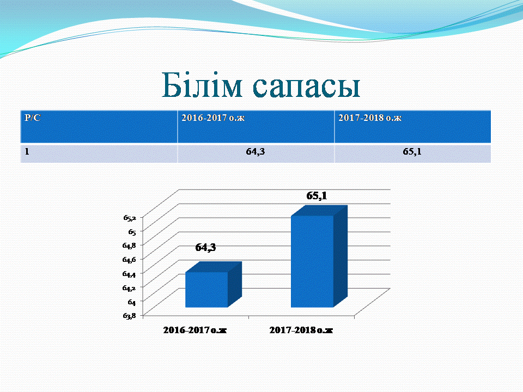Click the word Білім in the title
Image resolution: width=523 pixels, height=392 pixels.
tap(202, 85)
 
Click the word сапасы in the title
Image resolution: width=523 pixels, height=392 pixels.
tap(306, 87)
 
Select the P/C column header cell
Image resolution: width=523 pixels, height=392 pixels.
tap(99, 127)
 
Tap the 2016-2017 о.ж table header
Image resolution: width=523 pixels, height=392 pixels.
tap(256, 127)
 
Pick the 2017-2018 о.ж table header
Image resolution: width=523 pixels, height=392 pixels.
tap(412, 127)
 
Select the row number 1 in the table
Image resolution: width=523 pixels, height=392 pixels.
tap(27, 152)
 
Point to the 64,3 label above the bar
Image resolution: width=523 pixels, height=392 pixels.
tap(205, 247)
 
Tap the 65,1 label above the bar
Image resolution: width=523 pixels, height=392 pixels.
tap(317, 195)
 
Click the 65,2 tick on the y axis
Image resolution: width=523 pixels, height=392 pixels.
tap(130, 218)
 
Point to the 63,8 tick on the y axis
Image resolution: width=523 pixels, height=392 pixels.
tap(130, 315)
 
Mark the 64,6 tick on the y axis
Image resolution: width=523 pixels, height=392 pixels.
tap(129, 259)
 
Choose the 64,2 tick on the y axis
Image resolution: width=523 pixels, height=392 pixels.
tap(129, 287)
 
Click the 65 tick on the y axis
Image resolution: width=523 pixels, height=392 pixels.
tap(132, 232)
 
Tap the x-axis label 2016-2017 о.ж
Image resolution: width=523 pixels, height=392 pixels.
tap(195, 330)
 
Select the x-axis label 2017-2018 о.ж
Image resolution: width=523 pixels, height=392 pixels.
tap(301, 330)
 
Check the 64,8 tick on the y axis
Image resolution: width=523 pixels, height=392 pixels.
tap(129, 246)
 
